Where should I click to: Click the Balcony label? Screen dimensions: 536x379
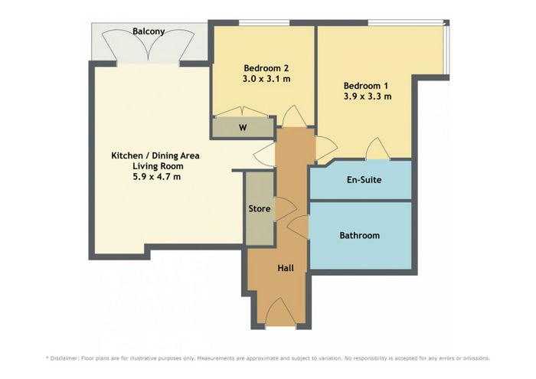pos(149,31)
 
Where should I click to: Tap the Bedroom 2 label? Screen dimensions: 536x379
pos(266,67)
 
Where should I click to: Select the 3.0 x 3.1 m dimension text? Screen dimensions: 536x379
pos(266,79)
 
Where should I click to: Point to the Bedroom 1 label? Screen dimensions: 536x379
pos(366,86)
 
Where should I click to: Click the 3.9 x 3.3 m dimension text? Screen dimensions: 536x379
pos(368,96)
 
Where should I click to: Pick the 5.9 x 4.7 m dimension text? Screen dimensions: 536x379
pos(156,177)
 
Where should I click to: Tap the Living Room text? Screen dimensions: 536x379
pos(158,166)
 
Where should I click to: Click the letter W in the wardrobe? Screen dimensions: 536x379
pos(243,128)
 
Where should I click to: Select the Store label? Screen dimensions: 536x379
pos(260,208)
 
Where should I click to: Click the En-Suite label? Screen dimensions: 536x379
pos(364,180)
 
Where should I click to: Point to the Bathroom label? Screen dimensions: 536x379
pos(360,236)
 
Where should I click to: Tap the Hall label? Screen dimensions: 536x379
pos(286,268)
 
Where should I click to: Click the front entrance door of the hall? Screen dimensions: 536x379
pos(281,312)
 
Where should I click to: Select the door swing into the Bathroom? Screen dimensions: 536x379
pos(297,227)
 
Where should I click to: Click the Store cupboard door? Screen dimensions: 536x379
pos(286,209)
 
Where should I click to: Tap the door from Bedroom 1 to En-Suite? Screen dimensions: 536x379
pos(377,149)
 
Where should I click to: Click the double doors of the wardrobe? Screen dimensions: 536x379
pos(243,112)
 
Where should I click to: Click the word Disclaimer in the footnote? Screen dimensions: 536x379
pos(64,358)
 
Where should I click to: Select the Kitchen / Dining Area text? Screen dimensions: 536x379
pos(155,156)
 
